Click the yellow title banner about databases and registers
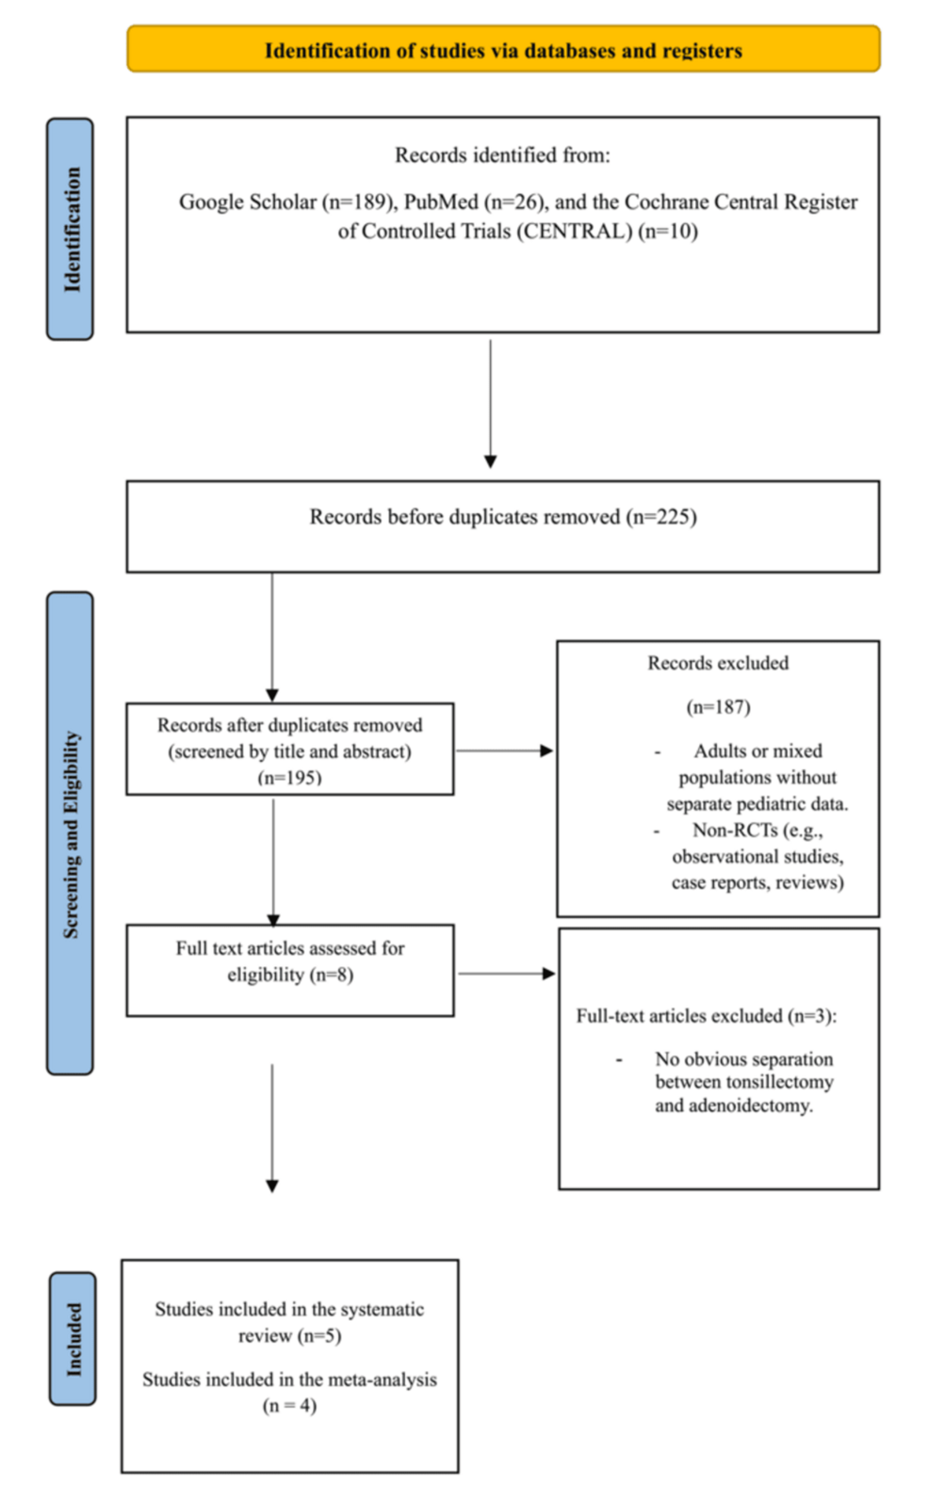pyautogui.click(x=503, y=49)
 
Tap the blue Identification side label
pyautogui.click(x=71, y=229)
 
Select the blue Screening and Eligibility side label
pyautogui.click(x=71, y=833)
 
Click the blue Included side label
pyautogui.click(x=73, y=1339)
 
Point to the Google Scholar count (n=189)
pyautogui.click(x=356, y=202)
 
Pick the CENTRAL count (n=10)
pyautogui.click(x=668, y=232)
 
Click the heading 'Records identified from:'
pyautogui.click(x=503, y=155)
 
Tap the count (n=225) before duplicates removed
pyautogui.click(x=661, y=517)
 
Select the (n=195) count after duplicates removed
pyautogui.click(x=290, y=778)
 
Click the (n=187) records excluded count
pyautogui.click(x=719, y=707)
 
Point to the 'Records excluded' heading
pyautogui.click(x=718, y=663)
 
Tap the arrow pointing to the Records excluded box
pyautogui.click(x=505, y=750)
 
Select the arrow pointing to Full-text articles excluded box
pyautogui.click(x=507, y=974)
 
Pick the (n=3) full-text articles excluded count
pyautogui.click(x=811, y=1017)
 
